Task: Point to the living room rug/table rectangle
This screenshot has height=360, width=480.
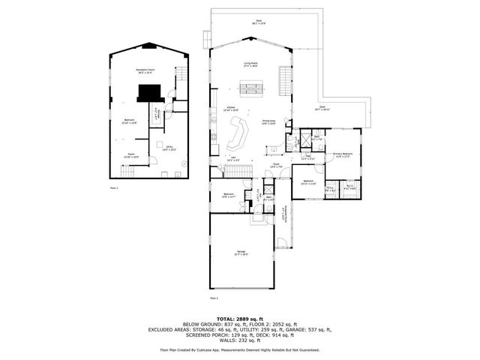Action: pos(250,91)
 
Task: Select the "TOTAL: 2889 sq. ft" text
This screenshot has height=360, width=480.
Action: pos(239,317)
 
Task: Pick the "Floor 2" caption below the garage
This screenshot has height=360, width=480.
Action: pos(214,298)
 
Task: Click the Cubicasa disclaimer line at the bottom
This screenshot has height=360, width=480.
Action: pos(239,349)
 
